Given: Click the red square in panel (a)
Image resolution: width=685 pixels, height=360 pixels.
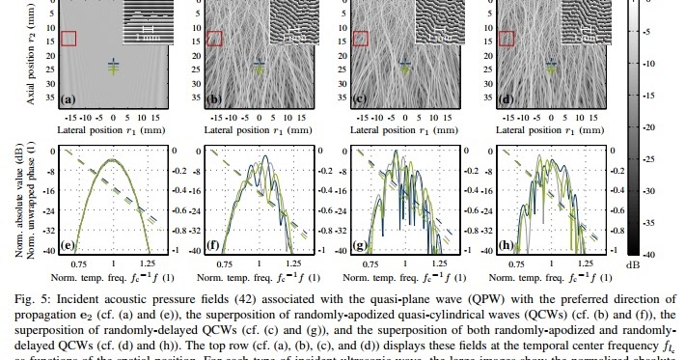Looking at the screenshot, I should [x=68, y=38].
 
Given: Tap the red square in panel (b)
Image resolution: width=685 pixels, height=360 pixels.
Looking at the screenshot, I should [x=214, y=38].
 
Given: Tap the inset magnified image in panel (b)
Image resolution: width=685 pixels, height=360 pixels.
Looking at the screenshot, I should [x=293, y=20].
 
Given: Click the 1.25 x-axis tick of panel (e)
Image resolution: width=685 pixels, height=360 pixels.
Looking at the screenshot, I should [x=148, y=262].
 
